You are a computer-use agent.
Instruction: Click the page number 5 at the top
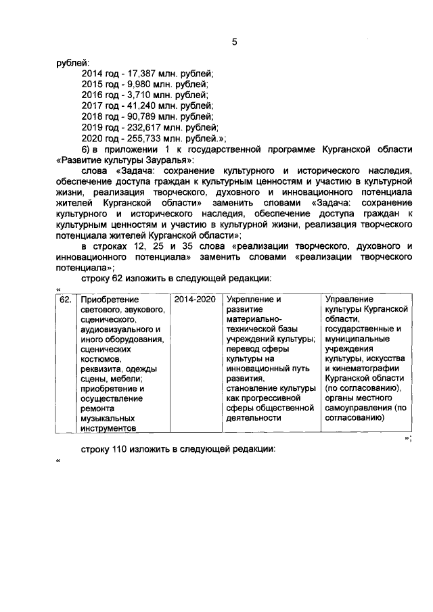tap(234, 41)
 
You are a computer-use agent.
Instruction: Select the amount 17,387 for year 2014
tap(139, 73)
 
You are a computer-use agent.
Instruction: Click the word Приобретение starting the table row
tap(109, 299)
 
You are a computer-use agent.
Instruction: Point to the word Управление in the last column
tap(350, 299)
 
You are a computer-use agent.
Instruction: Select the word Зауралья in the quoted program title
tap(169, 160)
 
